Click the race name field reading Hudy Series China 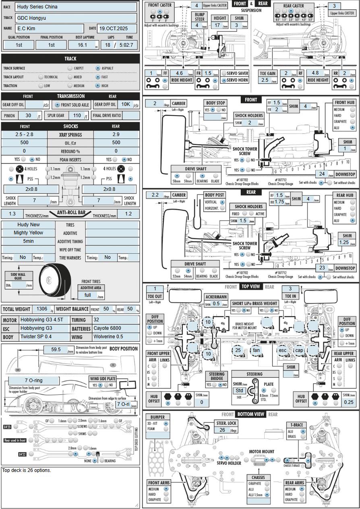coord(77,7)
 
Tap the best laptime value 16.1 coord(82,45)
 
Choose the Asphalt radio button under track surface coord(98,68)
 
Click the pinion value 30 coord(28,116)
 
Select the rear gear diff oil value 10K coord(125,104)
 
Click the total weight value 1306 coord(41,309)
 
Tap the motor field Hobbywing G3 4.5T coord(44,320)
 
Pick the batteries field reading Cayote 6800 coord(116,328)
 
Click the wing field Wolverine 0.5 coord(116,337)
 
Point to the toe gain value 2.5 coord(265,80)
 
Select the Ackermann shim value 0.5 coord(216,304)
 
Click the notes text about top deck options coord(27,470)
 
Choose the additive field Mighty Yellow coord(28,233)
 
